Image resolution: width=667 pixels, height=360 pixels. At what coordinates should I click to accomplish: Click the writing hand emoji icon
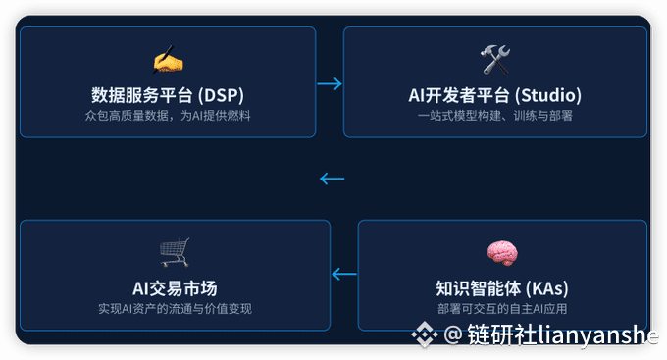pyautogui.click(x=167, y=61)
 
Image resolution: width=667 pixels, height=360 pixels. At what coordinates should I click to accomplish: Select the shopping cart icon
pyautogui.click(x=175, y=253)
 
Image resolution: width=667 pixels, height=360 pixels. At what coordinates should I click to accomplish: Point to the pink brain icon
pyautogui.click(x=501, y=254)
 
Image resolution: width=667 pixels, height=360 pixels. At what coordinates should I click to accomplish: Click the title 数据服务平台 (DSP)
pyautogui.click(x=167, y=95)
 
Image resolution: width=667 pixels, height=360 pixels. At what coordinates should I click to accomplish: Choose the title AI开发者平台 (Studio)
pyautogui.click(x=494, y=95)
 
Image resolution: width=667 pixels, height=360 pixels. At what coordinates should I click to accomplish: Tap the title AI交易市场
pyautogui.click(x=175, y=287)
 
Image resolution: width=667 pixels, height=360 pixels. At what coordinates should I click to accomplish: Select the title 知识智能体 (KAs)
pyautogui.click(x=502, y=288)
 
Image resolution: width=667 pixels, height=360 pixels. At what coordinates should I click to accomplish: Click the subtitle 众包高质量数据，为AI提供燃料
pyautogui.click(x=167, y=116)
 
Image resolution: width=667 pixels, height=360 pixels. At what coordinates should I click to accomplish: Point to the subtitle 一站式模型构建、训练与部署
pyautogui.click(x=494, y=116)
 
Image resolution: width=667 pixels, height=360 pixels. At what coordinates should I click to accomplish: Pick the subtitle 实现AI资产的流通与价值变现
pyautogui.click(x=175, y=308)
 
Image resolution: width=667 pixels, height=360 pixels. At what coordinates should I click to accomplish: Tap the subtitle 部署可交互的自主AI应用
pyautogui.click(x=502, y=309)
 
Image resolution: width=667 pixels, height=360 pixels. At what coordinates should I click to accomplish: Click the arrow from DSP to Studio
pyautogui.click(x=330, y=83)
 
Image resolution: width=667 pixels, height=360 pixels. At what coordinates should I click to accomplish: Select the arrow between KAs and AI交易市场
pyautogui.click(x=343, y=275)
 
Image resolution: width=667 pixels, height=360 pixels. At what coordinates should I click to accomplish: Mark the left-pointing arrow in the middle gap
pyautogui.click(x=333, y=179)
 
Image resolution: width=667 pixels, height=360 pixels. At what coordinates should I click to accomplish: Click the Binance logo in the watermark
pyautogui.click(x=424, y=336)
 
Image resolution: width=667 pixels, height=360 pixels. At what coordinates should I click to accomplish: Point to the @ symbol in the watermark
pyautogui.click(x=452, y=336)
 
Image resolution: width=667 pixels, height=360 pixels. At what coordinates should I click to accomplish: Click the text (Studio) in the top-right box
pyautogui.click(x=550, y=95)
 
